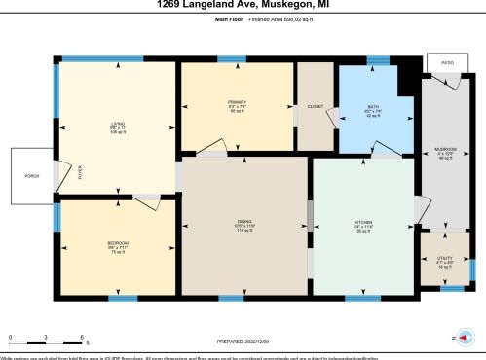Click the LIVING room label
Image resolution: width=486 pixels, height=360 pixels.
click(x=118, y=123)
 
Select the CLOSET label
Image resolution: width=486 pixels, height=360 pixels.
click(x=315, y=106)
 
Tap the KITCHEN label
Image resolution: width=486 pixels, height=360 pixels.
click(x=363, y=223)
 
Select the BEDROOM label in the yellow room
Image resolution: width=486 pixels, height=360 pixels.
click(x=118, y=242)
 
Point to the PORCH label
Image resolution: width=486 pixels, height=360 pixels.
click(x=31, y=176)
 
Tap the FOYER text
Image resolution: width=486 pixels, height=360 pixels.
click(x=81, y=173)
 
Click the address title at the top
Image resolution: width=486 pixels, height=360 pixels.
click(x=243, y=6)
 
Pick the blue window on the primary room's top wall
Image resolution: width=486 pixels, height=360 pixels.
click(x=231, y=60)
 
